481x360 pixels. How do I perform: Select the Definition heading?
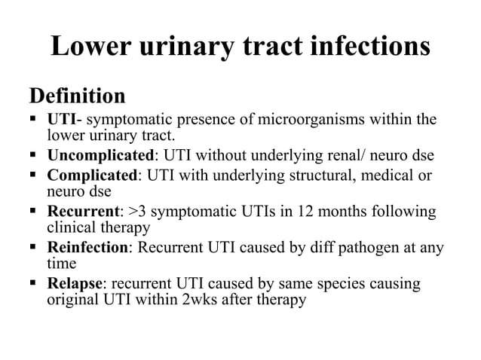(x=77, y=96)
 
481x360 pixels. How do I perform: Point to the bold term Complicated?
(x=93, y=175)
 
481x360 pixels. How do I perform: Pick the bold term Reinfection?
(x=90, y=247)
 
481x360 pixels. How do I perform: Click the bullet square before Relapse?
(x=34, y=284)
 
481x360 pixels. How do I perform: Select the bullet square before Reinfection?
(x=34, y=247)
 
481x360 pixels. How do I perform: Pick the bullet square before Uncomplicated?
(x=34, y=157)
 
